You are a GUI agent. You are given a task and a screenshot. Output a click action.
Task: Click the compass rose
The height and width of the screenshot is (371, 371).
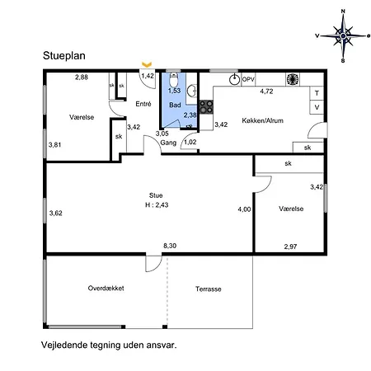[x=342, y=34]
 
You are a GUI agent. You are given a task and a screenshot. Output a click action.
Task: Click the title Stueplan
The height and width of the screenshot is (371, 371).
[x=68, y=56]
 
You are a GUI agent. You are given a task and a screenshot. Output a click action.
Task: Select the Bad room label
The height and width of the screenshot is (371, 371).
[x=175, y=106]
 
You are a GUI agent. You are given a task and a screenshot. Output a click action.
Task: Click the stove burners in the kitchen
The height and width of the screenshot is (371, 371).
[x=207, y=106]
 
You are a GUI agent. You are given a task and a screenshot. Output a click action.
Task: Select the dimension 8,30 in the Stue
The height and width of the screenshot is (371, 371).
[x=170, y=246]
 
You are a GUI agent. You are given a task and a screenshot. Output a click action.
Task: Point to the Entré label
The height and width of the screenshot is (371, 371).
[x=143, y=105]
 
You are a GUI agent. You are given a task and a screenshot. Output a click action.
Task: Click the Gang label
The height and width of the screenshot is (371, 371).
[x=168, y=143]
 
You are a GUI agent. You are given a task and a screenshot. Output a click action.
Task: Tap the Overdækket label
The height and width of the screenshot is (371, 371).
[x=106, y=289]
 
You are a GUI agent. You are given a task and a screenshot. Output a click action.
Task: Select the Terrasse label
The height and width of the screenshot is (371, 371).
[x=209, y=289]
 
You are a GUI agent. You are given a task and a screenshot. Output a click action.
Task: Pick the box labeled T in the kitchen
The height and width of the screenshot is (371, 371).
[x=317, y=93]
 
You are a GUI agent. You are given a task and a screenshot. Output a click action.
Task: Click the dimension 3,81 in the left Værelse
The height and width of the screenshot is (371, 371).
[x=55, y=145]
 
